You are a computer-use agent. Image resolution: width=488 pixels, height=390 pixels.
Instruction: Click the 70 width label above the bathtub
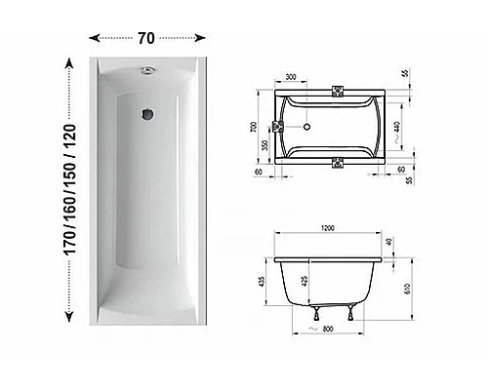pyautogui.click(x=146, y=39)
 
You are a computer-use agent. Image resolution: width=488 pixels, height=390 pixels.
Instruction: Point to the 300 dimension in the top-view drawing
pyautogui.click(x=291, y=77)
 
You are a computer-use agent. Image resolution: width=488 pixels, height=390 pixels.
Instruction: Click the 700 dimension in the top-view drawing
pyautogui.click(x=251, y=127)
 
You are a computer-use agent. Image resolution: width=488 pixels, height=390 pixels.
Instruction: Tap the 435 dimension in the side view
pyautogui.click(x=263, y=283)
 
